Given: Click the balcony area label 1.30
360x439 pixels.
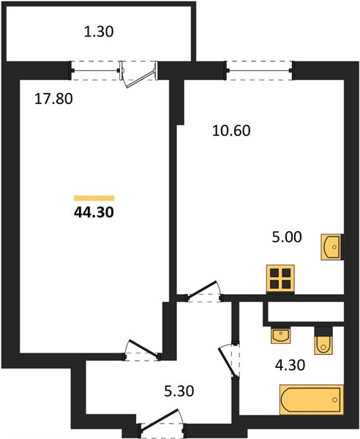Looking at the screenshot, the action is [x=99, y=31].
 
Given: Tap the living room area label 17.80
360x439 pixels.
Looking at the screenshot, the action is [x=53, y=99].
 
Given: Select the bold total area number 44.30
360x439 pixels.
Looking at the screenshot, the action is [x=94, y=212].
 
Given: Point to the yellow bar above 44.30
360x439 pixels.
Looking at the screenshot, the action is [x=94, y=198].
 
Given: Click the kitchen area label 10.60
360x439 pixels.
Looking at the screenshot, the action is [x=231, y=131].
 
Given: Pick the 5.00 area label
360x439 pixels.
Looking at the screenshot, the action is [x=287, y=237].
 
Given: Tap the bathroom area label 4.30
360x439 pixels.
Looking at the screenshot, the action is [x=290, y=365].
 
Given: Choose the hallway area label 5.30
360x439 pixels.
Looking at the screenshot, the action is [x=179, y=391].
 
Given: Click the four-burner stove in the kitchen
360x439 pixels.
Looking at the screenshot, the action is [x=280, y=279].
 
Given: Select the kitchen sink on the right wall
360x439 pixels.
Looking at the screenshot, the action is [x=331, y=247].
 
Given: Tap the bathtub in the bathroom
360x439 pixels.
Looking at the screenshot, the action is [x=312, y=399].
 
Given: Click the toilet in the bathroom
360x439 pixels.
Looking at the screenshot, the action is [x=323, y=341].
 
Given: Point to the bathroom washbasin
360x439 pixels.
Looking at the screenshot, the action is [x=280, y=335].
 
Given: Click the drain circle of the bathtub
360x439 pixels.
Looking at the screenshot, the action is [x=335, y=399].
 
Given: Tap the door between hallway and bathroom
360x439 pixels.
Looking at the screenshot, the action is [x=229, y=361].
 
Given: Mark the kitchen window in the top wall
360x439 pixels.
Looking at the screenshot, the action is [x=260, y=70].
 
